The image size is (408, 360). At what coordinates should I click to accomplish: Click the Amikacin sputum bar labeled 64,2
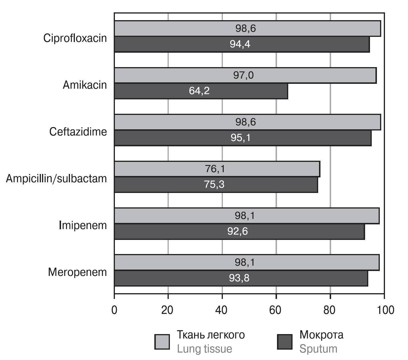click(x=201, y=91)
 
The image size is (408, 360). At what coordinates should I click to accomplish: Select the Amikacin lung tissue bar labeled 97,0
click(x=245, y=75)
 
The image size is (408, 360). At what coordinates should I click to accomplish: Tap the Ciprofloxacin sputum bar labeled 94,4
click(x=242, y=44)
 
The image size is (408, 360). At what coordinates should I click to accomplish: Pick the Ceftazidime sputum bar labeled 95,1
click(x=242, y=138)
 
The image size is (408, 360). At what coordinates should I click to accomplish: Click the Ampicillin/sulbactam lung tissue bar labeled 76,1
click(x=217, y=169)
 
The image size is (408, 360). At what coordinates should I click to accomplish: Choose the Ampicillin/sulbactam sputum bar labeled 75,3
click(x=216, y=185)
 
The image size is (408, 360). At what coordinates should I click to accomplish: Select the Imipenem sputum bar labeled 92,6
click(x=239, y=232)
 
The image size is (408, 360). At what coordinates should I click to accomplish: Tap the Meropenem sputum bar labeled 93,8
click(x=241, y=278)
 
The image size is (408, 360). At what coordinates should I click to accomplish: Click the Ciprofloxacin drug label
click(x=75, y=38)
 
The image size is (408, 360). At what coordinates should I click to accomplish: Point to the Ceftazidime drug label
click(x=78, y=132)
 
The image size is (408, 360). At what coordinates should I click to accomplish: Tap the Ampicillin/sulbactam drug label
click(x=56, y=179)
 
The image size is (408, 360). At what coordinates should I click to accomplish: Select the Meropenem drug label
click(x=77, y=272)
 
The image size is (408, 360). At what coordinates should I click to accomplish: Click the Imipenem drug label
click(x=83, y=226)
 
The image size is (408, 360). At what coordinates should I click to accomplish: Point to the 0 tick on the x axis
click(x=114, y=310)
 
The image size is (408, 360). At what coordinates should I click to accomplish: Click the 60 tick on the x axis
click(x=276, y=310)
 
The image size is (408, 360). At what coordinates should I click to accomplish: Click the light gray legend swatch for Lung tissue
click(x=162, y=342)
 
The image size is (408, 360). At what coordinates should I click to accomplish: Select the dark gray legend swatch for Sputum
click(x=284, y=342)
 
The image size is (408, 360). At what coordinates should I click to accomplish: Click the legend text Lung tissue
click(x=204, y=349)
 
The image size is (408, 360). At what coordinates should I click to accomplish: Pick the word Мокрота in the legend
click(x=321, y=335)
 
